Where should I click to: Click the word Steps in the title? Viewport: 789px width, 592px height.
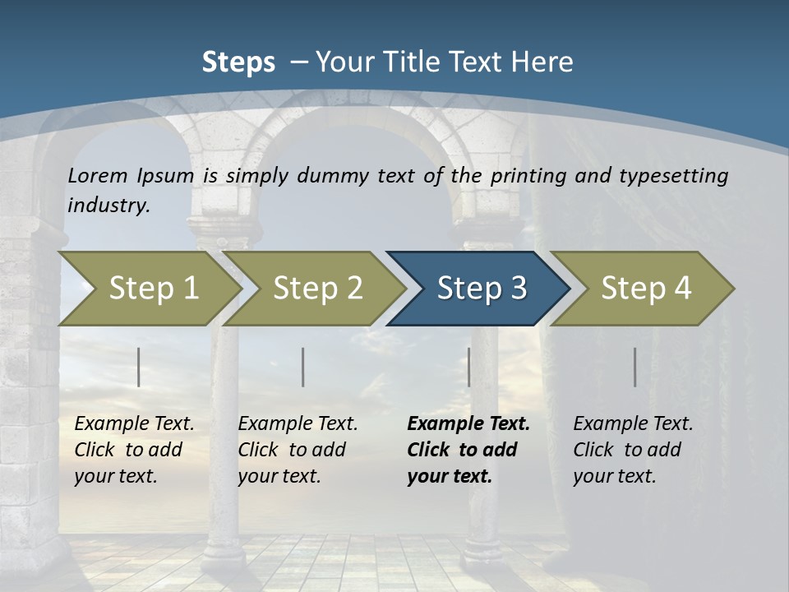238,62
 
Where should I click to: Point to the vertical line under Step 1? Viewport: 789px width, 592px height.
139,367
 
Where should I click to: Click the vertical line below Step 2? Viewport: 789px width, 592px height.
303,367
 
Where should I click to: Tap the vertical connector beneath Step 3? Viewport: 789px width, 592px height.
468,367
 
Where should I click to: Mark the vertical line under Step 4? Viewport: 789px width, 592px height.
635,367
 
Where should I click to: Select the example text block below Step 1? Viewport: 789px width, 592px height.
134,450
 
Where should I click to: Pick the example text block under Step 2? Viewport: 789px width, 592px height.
298,450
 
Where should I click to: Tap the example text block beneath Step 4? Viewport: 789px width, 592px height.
633,450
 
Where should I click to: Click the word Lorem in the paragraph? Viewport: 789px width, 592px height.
98,176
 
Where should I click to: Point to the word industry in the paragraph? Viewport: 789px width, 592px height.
108,205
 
